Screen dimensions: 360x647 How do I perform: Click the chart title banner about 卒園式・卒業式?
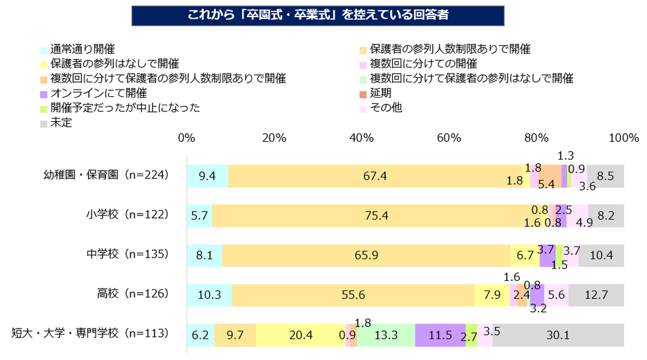(x=323, y=14)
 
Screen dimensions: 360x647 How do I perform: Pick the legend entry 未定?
(x=61, y=123)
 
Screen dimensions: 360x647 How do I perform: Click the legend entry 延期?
(x=381, y=93)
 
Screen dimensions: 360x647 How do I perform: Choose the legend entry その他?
(x=386, y=107)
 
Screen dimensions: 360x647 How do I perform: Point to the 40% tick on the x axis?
(x=361, y=138)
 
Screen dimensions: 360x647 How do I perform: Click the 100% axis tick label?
(x=624, y=138)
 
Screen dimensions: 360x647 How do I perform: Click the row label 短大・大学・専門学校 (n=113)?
(x=90, y=335)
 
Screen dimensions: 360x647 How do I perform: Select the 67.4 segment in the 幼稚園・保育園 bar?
(x=374, y=176)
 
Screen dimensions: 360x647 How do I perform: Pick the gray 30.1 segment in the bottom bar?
(x=558, y=335)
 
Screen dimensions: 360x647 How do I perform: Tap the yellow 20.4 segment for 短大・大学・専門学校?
(x=300, y=335)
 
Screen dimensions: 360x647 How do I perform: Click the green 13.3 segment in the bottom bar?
(x=385, y=335)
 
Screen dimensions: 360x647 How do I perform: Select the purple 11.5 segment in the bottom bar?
(x=441, y=335)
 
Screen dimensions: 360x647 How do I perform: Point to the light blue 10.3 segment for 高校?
(x=209, y=295)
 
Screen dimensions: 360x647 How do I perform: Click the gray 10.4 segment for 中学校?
(x=601, y=255)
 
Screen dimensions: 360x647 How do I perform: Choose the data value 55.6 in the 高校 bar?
(x=353, y=295)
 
